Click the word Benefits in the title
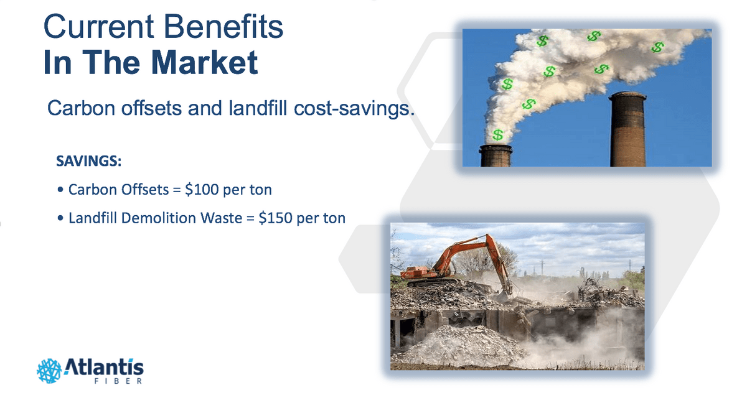tap(223, 27)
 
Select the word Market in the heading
tap(204, 62)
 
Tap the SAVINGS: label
tap(88, 161)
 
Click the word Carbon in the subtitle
tap(81, 108)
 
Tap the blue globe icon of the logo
tap(49, 371)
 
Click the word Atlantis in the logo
tap(104, 367)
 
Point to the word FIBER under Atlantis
tap(118, 381)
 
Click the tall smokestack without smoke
tap(627, 129)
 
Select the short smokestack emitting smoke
tap(496, 155)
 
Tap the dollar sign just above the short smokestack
tap(497, 135)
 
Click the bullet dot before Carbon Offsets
tap(60, 190)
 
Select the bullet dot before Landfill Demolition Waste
tap(60, 218)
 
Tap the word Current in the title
tap(99, 27)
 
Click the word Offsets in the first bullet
tap(145, 190)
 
